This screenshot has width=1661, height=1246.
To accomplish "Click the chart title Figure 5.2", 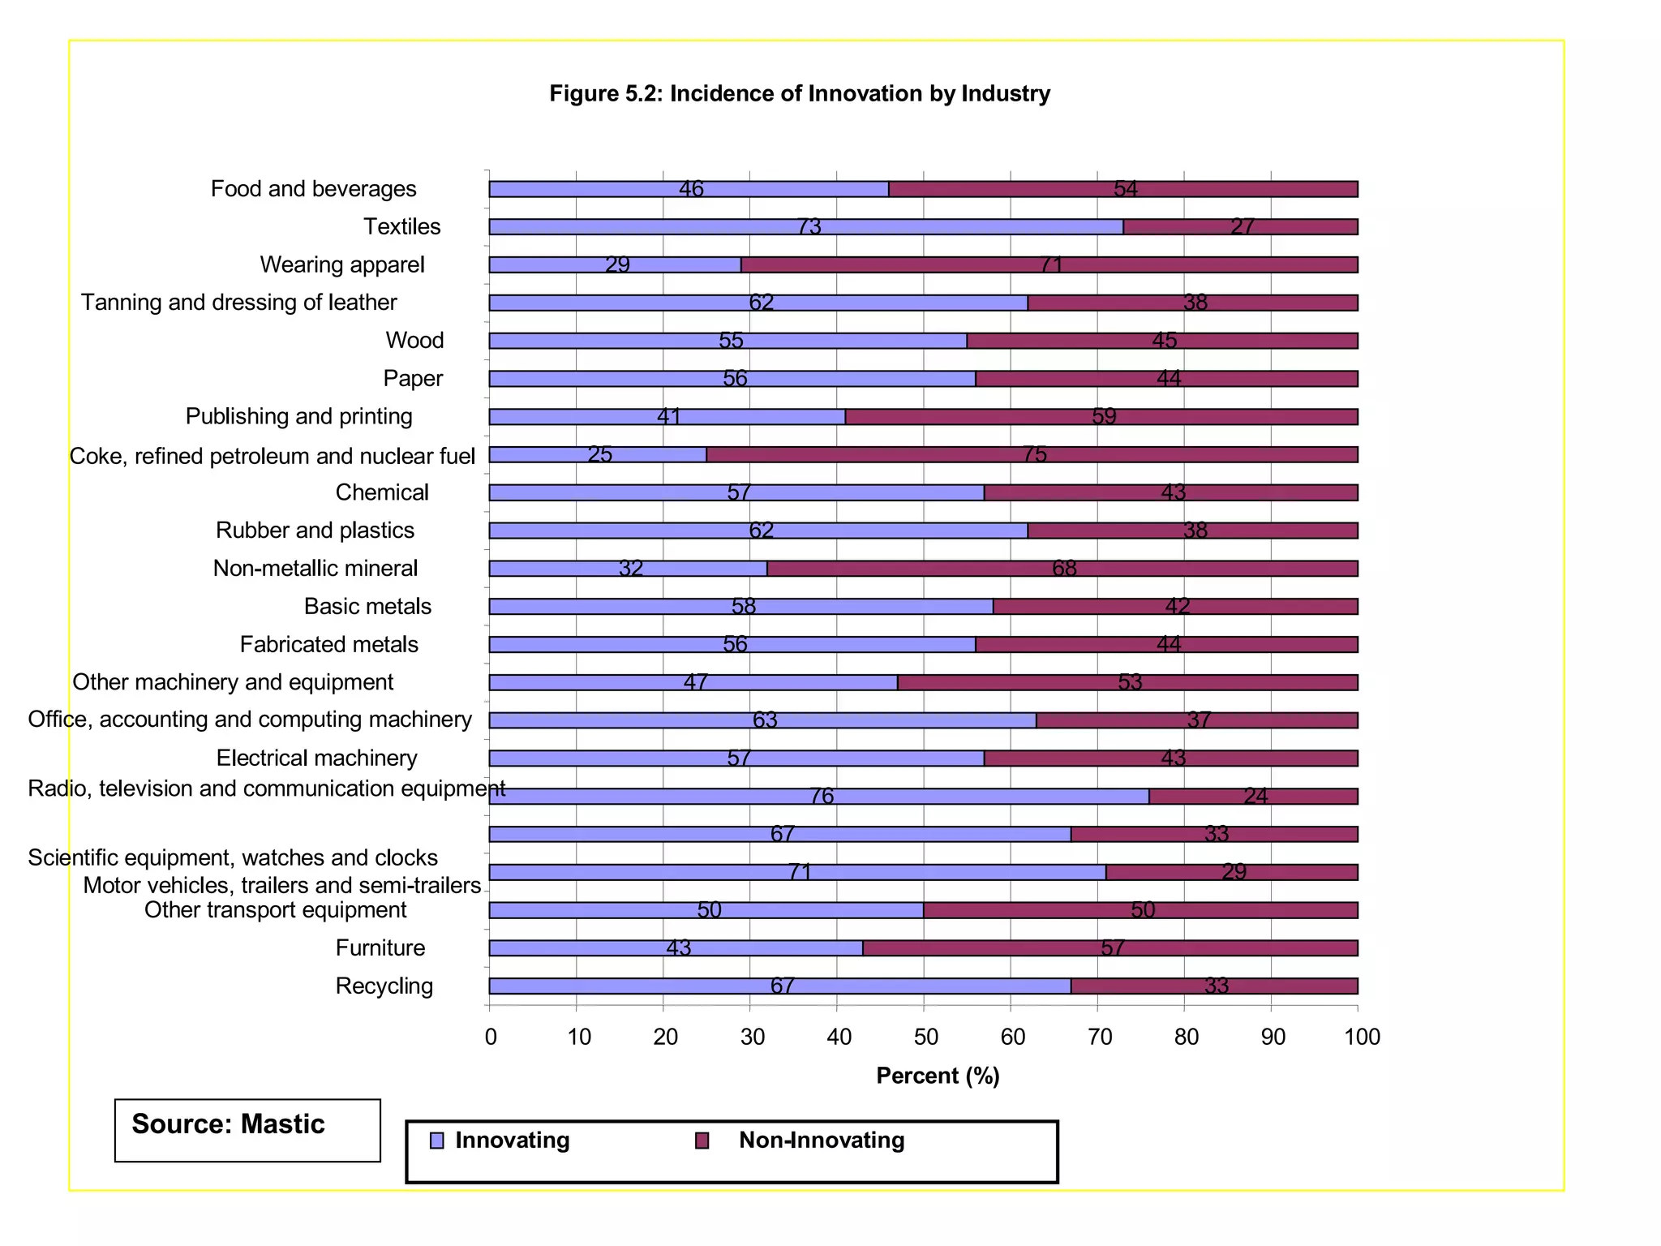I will [799, 94].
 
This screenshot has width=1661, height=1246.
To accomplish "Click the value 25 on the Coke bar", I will [599, 455].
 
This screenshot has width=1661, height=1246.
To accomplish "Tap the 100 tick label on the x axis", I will [1362, 1038].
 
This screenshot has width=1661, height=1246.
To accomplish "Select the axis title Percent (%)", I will [938, 1076].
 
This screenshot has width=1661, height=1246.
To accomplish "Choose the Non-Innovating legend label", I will [821, 1141].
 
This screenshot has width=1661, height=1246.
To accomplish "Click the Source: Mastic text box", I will [247, 1130].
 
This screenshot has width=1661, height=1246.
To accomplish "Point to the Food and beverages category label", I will [313, 189].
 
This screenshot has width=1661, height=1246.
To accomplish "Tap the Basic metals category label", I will [367, 607].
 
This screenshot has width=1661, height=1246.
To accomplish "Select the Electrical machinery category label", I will [316, 758].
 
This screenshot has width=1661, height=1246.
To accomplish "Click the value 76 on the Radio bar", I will [822, 797].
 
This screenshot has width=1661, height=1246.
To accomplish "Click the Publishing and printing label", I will [298, 417].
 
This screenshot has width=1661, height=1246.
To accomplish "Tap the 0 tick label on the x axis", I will [491, 1038].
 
